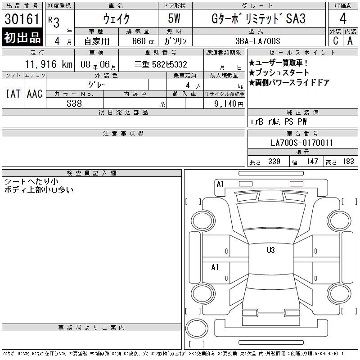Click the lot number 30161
(x=22, y=19)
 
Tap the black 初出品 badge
(x=22, y=37)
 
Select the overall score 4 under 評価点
(x=343, y=18)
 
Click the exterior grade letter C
(x=335, y=41)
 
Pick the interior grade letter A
(x=350, y=41)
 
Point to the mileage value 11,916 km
(x=49, y=64)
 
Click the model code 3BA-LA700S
(x=258, y=41)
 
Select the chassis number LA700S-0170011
(x=302, y=143)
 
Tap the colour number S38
(x=74, y=103)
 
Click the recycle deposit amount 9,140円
(x=229, y=104)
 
